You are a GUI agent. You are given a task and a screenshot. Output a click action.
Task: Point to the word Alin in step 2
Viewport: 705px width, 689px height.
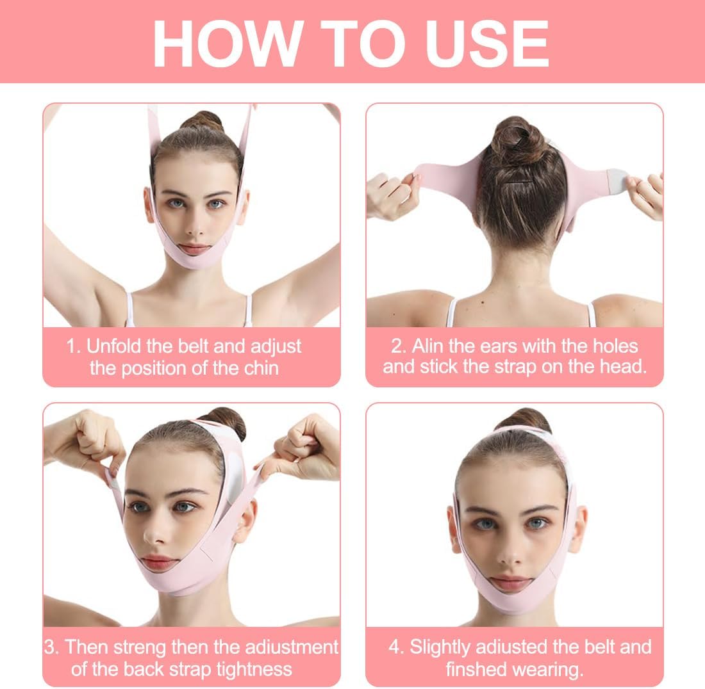(x=430, y=346)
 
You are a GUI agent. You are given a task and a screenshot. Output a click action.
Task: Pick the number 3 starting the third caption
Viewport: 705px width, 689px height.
(x=51, y=647)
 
